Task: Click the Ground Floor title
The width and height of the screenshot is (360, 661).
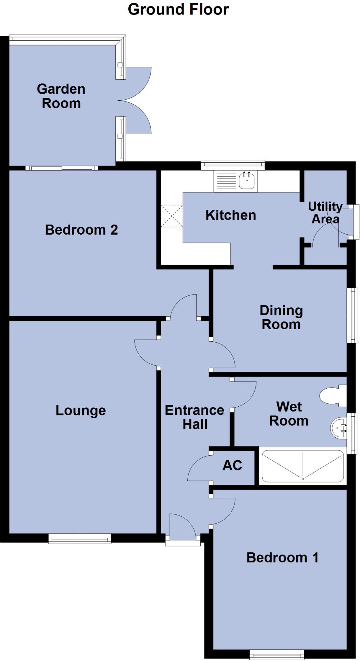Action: (178, 10)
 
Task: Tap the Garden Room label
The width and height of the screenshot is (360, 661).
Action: (61, 96)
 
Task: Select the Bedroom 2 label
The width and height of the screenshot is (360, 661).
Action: (81, 230)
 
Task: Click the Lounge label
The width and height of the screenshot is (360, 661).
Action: (81, 411)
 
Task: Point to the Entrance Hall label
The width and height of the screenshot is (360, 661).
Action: (195, 417)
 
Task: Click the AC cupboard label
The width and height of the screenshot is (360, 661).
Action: (232, 465)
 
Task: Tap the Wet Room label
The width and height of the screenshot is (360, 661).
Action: (289, 414)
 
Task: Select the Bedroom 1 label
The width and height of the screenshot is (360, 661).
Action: (282, 558)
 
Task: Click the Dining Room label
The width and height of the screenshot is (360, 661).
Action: (281, 317)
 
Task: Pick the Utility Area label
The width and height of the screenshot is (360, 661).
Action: (325, 213)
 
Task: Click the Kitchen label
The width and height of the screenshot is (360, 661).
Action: (231, 215)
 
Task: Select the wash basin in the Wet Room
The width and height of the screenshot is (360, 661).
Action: (339, 428)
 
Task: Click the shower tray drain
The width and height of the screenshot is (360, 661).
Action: (303, 479)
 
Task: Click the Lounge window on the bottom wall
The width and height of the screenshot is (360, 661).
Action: (80, 538)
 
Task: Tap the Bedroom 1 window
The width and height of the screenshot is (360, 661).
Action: (277, 655)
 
